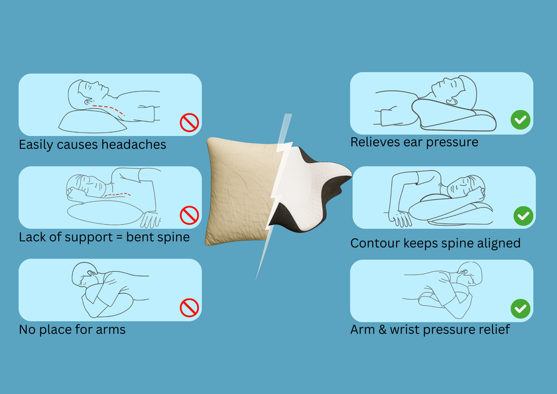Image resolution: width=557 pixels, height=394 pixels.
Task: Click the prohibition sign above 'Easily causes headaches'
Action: click(x=190, y=123)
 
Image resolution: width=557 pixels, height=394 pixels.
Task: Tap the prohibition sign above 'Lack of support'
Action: click(x=190, y=216)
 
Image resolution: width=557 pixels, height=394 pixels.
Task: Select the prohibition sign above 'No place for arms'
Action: click(x=190, y=308)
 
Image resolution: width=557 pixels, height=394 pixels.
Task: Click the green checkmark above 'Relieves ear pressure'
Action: click(x=521, y=120)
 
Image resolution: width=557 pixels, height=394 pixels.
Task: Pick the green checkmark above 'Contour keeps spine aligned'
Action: click(x=523, y=216)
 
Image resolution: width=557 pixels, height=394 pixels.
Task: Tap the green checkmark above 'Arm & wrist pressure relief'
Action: click(x=521, y=308)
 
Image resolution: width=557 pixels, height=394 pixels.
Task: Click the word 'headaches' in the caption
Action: click(x=133, y=145)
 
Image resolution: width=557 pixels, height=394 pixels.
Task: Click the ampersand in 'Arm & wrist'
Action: click(x=382, y=330)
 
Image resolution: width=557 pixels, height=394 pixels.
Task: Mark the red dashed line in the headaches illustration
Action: click(x=109, y=110)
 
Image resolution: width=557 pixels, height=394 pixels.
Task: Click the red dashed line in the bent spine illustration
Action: click(x=117, y=195)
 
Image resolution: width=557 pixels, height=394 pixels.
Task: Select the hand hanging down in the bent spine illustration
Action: click(x=151, y=219)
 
